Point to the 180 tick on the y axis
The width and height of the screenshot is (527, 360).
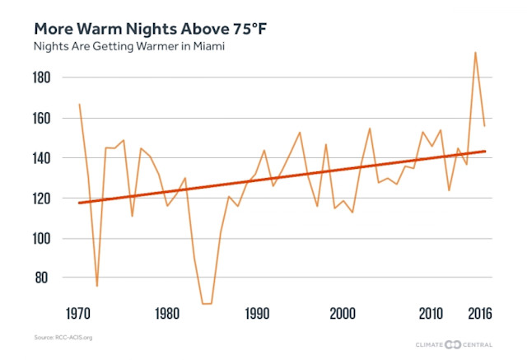(43, 78)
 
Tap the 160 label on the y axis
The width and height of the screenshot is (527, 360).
(43, 119)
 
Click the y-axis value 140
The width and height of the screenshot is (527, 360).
(43, 158)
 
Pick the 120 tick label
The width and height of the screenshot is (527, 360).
(43, 199)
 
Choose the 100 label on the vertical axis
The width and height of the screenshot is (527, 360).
(43, 239)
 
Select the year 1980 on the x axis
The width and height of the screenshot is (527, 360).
(167, 314)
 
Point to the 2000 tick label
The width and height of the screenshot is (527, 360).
(343, 314)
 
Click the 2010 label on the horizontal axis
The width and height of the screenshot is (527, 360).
(431, 314)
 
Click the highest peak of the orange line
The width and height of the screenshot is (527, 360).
(475, 53)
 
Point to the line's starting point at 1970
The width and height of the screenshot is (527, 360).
(79, 105)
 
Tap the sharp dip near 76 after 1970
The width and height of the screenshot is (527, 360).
(96, 286)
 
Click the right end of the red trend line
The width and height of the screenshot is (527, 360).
(485, 152)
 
